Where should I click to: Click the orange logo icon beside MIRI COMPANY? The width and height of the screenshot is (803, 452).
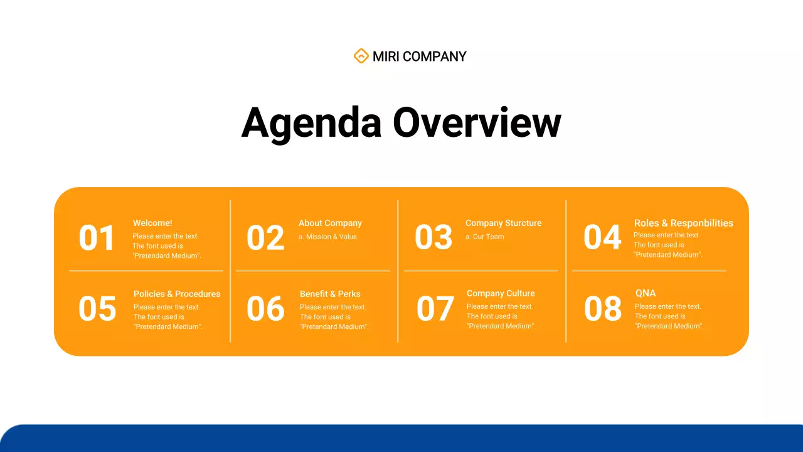tap(361, 56)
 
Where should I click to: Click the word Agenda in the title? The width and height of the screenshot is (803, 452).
tap(311, 122)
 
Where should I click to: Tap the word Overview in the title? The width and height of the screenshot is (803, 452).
tap(477, 122)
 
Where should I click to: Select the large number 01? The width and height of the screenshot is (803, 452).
tap(97, 239)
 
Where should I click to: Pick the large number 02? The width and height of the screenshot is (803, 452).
tap(265, 239)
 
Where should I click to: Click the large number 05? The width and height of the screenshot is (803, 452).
tap(97, 309)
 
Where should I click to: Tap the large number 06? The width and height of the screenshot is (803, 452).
tap(265, 309)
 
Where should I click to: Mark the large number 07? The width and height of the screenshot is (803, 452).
tap(435, 309)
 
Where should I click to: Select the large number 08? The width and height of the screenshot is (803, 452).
tap(603, 309)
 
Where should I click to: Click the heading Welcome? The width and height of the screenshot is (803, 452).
tap(152, 223)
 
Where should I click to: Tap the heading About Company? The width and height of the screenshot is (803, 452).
tap(330, 223)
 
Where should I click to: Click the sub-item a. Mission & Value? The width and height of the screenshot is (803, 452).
tap(327, 237)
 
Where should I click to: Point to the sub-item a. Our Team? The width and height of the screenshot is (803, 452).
tap(484, 237)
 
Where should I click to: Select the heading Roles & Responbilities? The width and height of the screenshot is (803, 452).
tap(683, 223)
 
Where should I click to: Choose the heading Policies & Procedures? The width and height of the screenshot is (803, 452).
tap(177, 294)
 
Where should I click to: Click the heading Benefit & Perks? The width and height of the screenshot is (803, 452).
tap(330, 294)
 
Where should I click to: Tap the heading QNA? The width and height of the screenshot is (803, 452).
tap(646, 293)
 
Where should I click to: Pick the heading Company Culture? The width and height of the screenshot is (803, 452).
tap(501, 293)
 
